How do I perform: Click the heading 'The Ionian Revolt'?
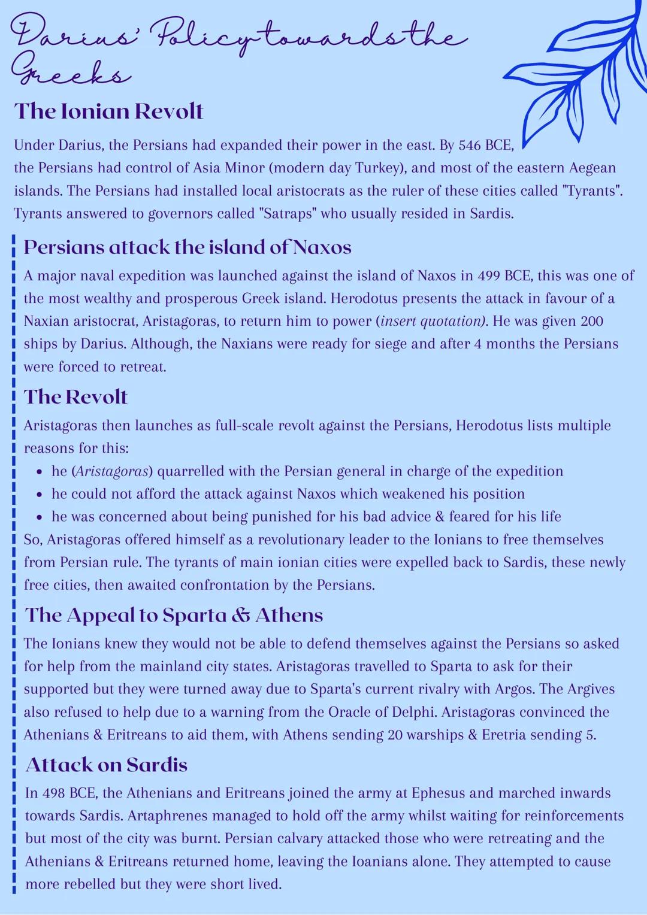pos(108,111)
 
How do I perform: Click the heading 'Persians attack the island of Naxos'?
pos(187,247)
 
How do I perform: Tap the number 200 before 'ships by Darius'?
pos(591,322)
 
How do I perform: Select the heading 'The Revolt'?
pos(75,396)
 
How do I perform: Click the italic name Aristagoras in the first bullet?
pos(112,471)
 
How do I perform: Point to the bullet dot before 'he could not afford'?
pos(39,495)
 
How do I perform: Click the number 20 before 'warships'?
pos(395,735)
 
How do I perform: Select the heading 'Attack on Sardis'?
pos(107,765)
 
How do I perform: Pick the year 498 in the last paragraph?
pos(53,793)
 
